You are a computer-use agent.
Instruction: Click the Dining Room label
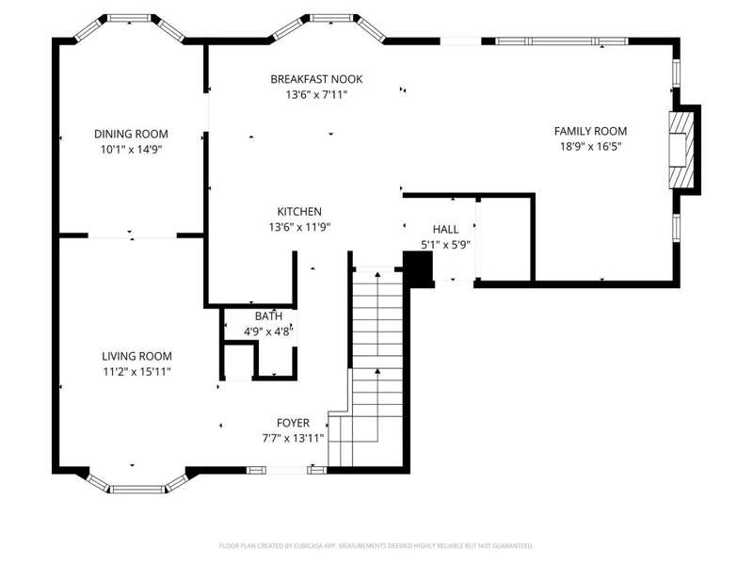coord(131,134)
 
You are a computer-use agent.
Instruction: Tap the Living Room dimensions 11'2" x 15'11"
coord(136,371)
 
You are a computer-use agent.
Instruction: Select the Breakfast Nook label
coord(316,79)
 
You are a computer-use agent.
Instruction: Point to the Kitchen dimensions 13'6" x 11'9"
coord(299,227)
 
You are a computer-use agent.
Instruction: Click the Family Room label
coord(591,131)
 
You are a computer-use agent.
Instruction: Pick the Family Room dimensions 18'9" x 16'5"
coord(591,147)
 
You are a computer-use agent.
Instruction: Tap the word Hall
coord(445,229)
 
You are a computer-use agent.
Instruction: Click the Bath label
coord(268,316)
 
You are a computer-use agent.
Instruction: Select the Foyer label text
coord(293,423)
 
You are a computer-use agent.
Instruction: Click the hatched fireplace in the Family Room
coord(681,150)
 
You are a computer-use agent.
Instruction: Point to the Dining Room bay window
coord(130,25)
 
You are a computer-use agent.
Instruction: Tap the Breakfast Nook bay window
coord(329,25)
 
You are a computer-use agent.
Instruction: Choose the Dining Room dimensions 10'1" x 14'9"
coord(131,150)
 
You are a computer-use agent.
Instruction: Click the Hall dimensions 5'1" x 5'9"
coord(445,245)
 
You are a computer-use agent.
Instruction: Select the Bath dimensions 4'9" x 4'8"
coord(268,331)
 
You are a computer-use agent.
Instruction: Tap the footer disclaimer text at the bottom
coord(376,546)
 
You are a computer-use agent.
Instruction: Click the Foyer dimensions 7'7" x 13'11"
coord(293,438)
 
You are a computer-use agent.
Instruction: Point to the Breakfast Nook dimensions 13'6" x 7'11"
coord(316,95)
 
